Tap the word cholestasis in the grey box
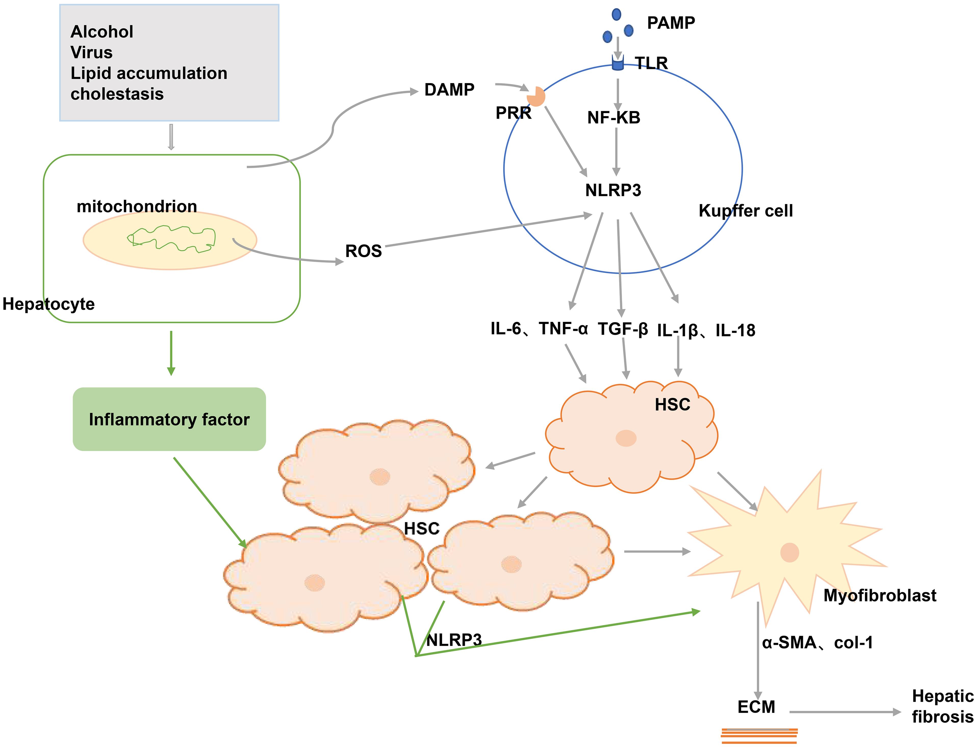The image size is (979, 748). coord(117,94)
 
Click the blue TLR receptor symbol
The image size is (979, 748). coord(618,63)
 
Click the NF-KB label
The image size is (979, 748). coord(614,118)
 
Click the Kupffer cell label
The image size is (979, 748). coord(745,210)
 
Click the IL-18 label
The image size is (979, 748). coord(735,330)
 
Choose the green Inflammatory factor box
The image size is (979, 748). coord(169,419)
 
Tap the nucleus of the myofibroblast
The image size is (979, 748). coord(790,553)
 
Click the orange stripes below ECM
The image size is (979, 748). coord(759,736)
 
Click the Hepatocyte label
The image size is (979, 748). coord(48,304)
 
